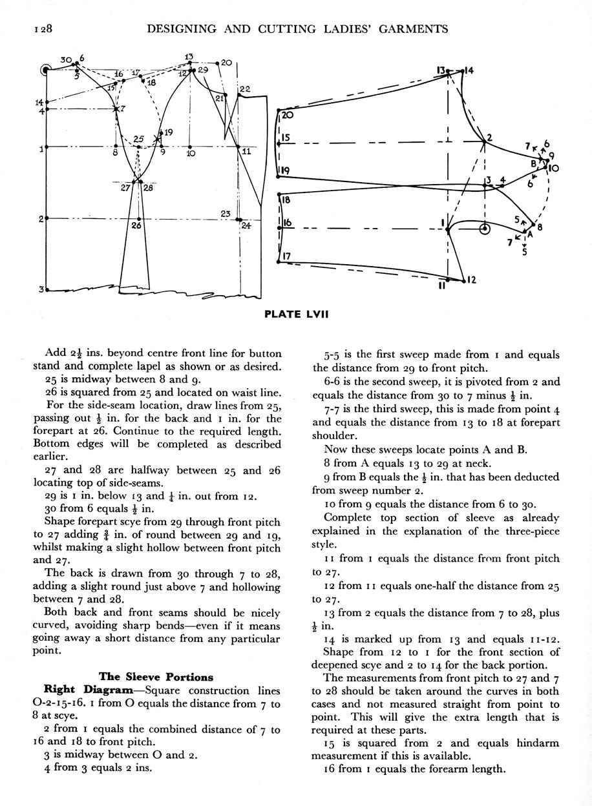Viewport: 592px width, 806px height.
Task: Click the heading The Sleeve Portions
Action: (x=156, y=677)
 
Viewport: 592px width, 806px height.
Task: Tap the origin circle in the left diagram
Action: (x=46, y=69)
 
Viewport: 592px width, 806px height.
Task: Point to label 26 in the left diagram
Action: (x=136, y=226)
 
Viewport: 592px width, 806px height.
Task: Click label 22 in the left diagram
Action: (x=245, y=88)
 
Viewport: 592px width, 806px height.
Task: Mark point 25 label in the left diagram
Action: (x=138, y=138)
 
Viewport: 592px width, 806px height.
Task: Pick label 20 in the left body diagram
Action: (x=226, y=63)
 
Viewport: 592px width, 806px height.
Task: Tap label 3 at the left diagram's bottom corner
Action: (x=41, y=289)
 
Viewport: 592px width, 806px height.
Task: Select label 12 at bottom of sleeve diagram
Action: (x=471, y=280)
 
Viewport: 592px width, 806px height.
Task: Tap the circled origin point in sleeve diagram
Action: (x=485, y=229)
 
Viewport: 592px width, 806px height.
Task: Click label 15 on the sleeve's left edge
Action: (x=286, y=138)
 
